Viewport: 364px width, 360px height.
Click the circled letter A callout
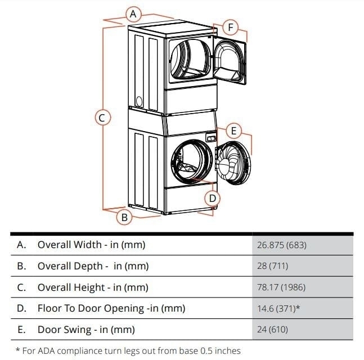point(133,13)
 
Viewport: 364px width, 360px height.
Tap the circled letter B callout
point(125,216)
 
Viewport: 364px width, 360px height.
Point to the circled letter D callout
point(212,198)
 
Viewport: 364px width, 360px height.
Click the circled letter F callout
point(230,26)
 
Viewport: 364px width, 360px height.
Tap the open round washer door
point(232,163)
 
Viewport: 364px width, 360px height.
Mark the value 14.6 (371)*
point(279,308)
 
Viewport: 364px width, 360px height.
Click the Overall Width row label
point(91,245)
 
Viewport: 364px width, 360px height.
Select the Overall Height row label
point(93,287)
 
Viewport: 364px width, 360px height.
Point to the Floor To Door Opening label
point(111,308)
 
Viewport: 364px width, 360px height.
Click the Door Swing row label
point(86,330)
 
